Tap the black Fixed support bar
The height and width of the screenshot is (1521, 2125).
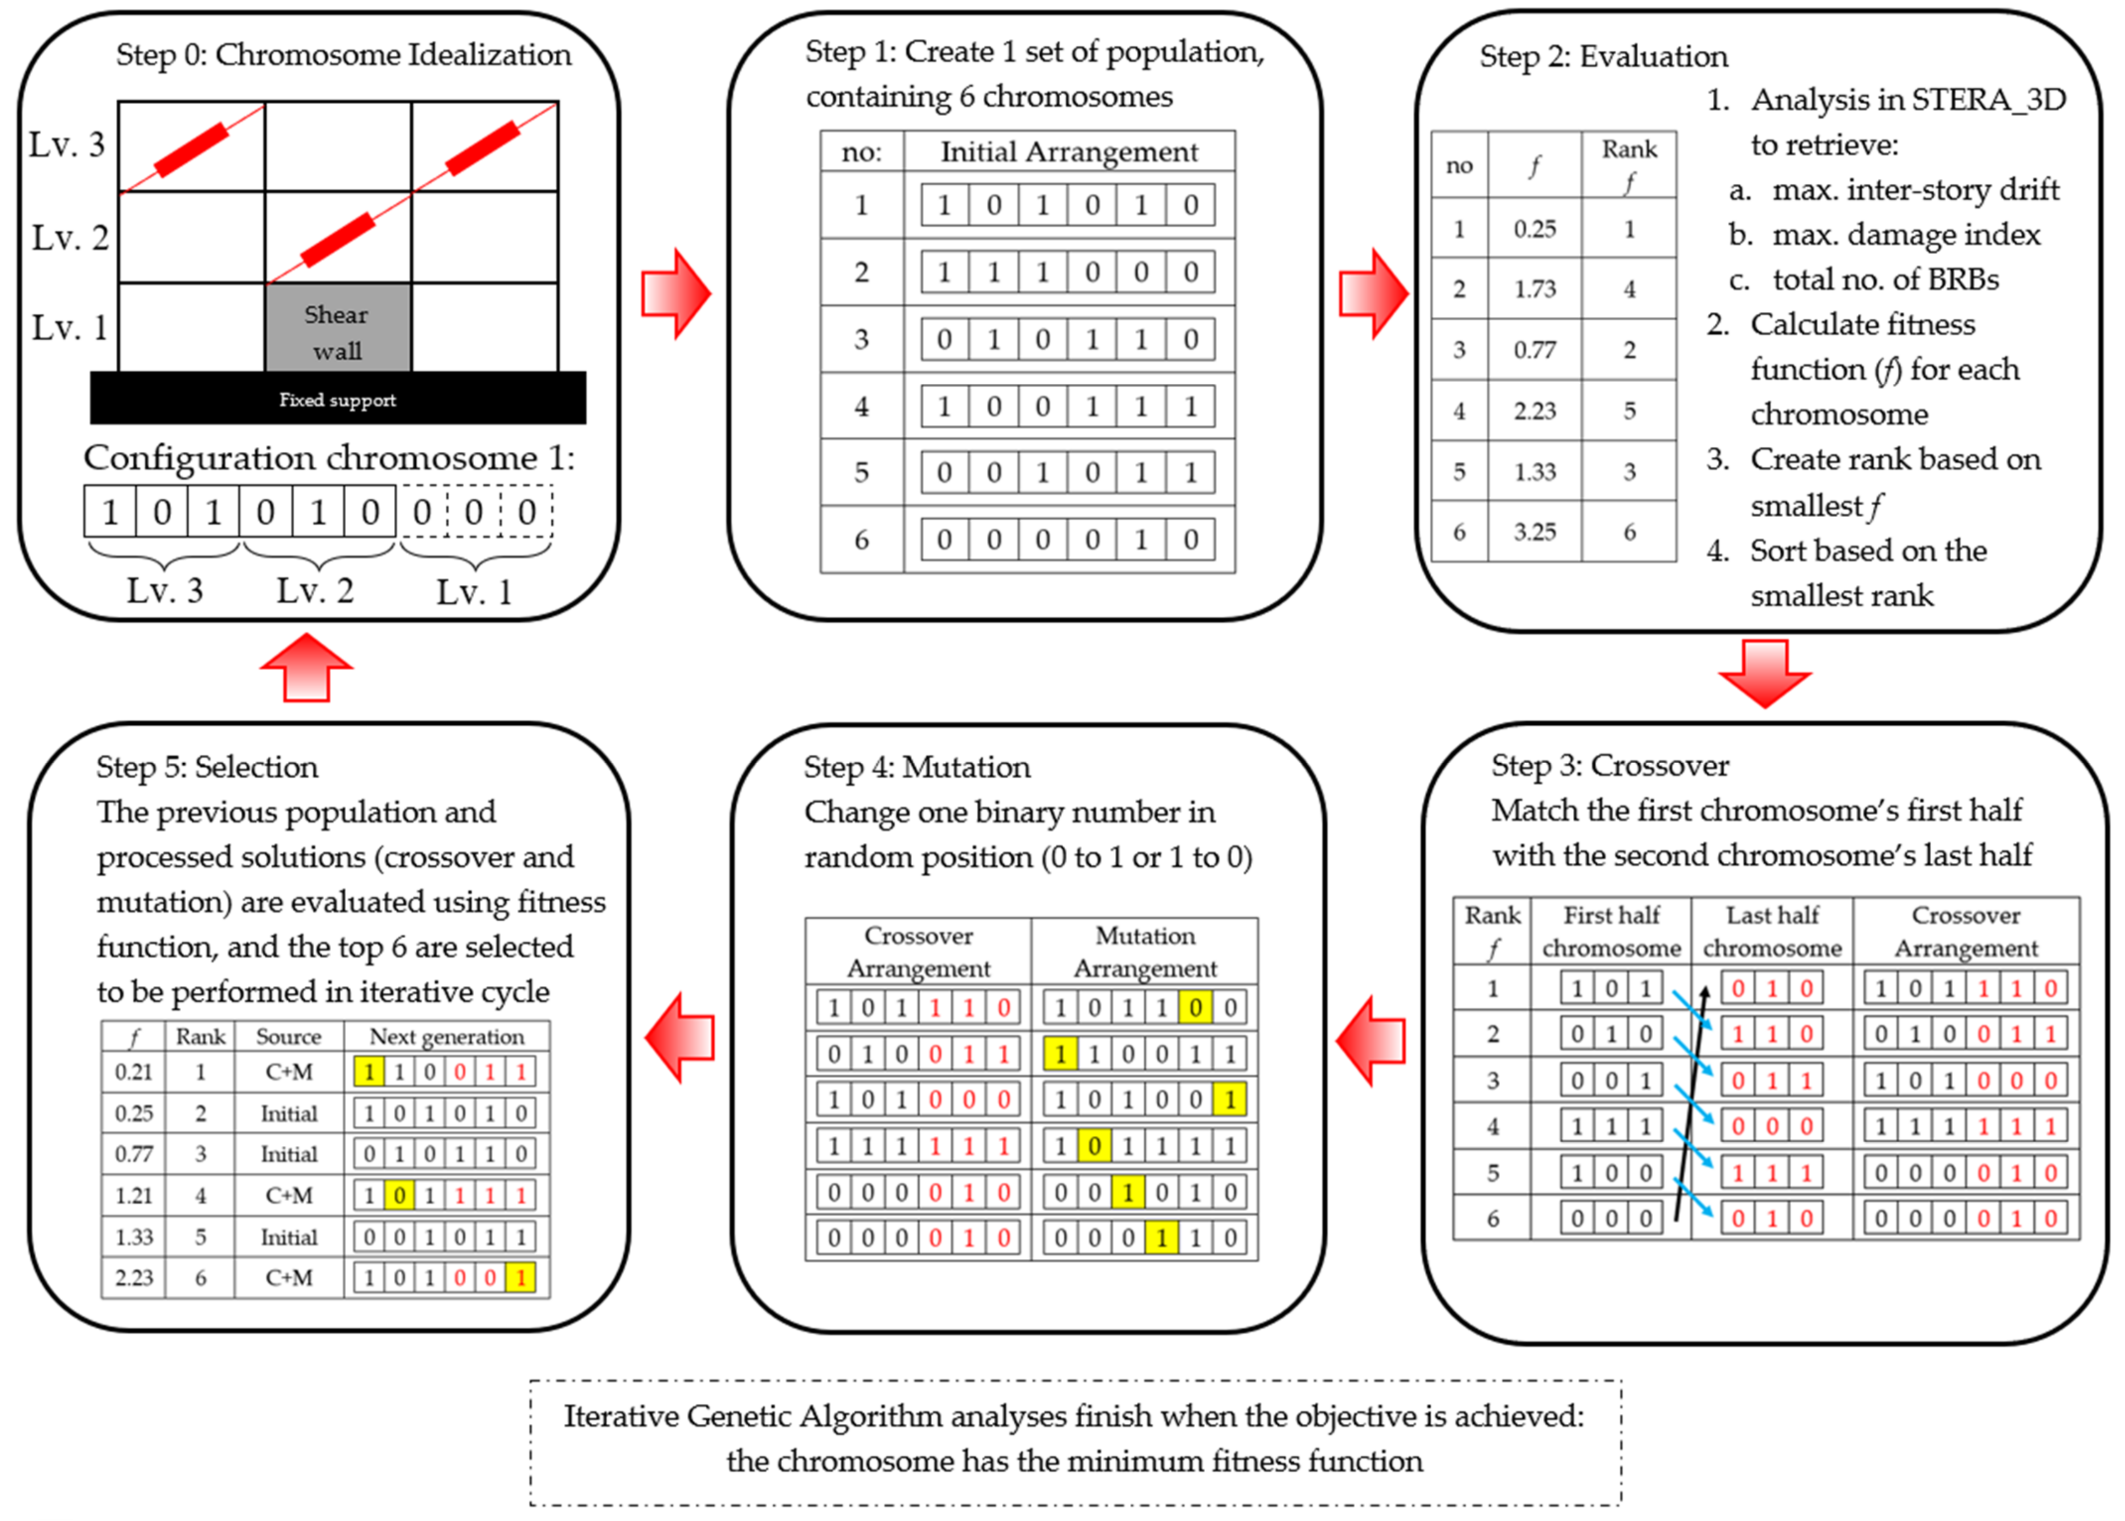click(337, 399)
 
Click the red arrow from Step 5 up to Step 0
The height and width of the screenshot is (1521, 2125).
click(306, 667)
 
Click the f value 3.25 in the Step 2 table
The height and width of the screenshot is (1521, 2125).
click(1535, 532)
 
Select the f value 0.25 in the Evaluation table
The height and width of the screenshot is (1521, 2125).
click(1535, 228)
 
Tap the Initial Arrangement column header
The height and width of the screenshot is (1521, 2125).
click(1069, 152)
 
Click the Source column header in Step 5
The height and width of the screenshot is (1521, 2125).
click(289, 1036)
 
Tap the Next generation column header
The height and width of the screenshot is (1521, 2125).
click(447, 1036)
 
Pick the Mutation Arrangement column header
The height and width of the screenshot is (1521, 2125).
click(1145, 952)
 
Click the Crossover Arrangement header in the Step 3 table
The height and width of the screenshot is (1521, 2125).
click(1966, 931)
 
